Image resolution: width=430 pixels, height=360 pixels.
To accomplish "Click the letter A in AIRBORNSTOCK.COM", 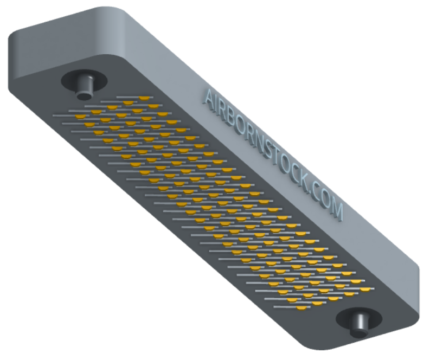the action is tap(210, 98).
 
